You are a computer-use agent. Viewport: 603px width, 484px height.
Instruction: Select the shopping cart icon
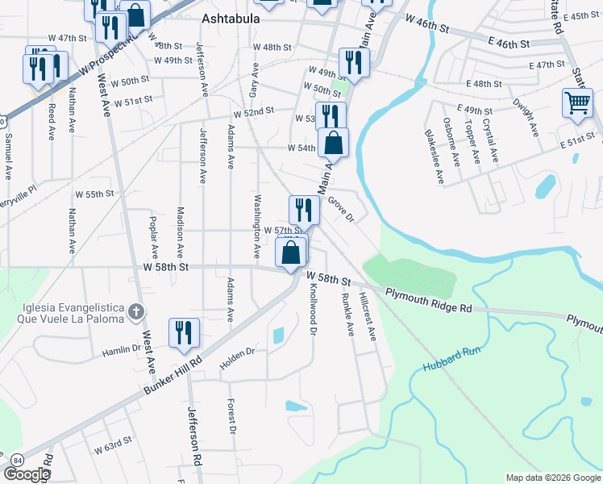tap(577, 103)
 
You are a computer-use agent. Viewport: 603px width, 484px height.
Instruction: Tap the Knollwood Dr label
tap(313, 311)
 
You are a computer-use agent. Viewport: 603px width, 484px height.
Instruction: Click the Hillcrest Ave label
tap(370, 315)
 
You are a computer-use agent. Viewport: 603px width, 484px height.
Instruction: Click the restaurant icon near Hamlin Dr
tap(184, 332)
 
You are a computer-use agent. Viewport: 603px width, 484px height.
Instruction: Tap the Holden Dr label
tap(237, 353)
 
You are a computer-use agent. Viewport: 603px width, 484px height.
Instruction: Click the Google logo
tap(27, 474)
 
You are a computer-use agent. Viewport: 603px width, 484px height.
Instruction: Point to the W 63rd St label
tap(112, 445)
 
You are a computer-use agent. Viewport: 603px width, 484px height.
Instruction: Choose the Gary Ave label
tap(253, 80)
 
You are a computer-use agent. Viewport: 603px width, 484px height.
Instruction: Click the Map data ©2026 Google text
tap(552, 478)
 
